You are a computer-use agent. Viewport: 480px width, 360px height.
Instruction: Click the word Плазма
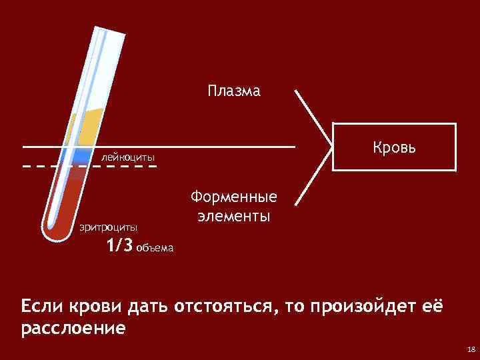point(233,91)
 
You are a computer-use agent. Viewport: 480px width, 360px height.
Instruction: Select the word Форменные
point(233,198)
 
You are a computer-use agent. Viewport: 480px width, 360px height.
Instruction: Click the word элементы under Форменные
point(233,217)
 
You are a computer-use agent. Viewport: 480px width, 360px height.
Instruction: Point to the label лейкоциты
point(128,157)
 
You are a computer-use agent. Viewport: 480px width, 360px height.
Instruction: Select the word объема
point(154,249)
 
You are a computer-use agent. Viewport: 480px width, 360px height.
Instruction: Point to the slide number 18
point(471,349)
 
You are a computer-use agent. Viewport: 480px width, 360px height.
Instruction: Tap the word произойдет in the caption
point(346,307)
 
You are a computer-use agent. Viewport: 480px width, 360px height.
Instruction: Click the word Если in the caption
point(43,307)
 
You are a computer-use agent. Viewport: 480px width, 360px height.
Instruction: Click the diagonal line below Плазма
point(313,117)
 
